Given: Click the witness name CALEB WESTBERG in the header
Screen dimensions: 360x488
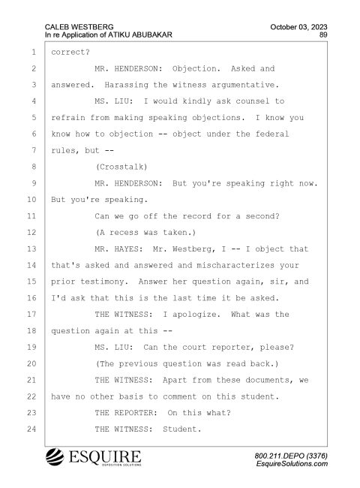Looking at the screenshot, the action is pos(79,27).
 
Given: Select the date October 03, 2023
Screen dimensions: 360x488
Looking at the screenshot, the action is pos(298,27).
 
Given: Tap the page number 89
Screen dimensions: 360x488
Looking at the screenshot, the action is pos(323,35).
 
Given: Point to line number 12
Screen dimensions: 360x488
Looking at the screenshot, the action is pos(31,233).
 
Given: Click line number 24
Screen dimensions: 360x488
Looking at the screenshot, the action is pos(31,429).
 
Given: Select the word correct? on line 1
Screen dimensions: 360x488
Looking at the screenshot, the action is pos(70,53).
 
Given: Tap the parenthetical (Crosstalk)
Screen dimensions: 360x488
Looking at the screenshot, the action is pos(121,167).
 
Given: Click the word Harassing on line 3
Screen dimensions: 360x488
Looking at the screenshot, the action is pos(126,85).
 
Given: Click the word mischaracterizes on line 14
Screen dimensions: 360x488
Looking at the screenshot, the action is pos(235,265).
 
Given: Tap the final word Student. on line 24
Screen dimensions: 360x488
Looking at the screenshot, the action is pos(181,429).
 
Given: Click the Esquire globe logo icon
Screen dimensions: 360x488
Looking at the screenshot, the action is pos(55,457).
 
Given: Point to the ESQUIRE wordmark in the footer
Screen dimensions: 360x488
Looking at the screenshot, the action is pos(105,456).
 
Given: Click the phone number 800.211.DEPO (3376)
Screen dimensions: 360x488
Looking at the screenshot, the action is pos(291,456).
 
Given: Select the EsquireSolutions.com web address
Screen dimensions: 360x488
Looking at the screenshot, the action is pos(292,464).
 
